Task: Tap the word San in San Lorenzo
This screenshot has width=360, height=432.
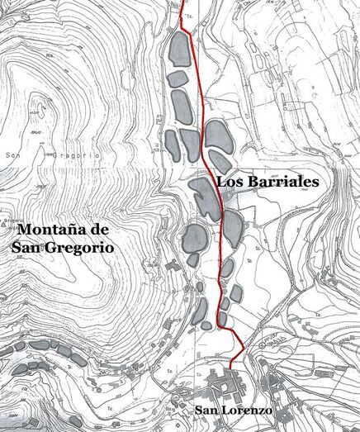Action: coord(207,411)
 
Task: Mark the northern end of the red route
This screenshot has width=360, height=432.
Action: coord(181,2)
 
